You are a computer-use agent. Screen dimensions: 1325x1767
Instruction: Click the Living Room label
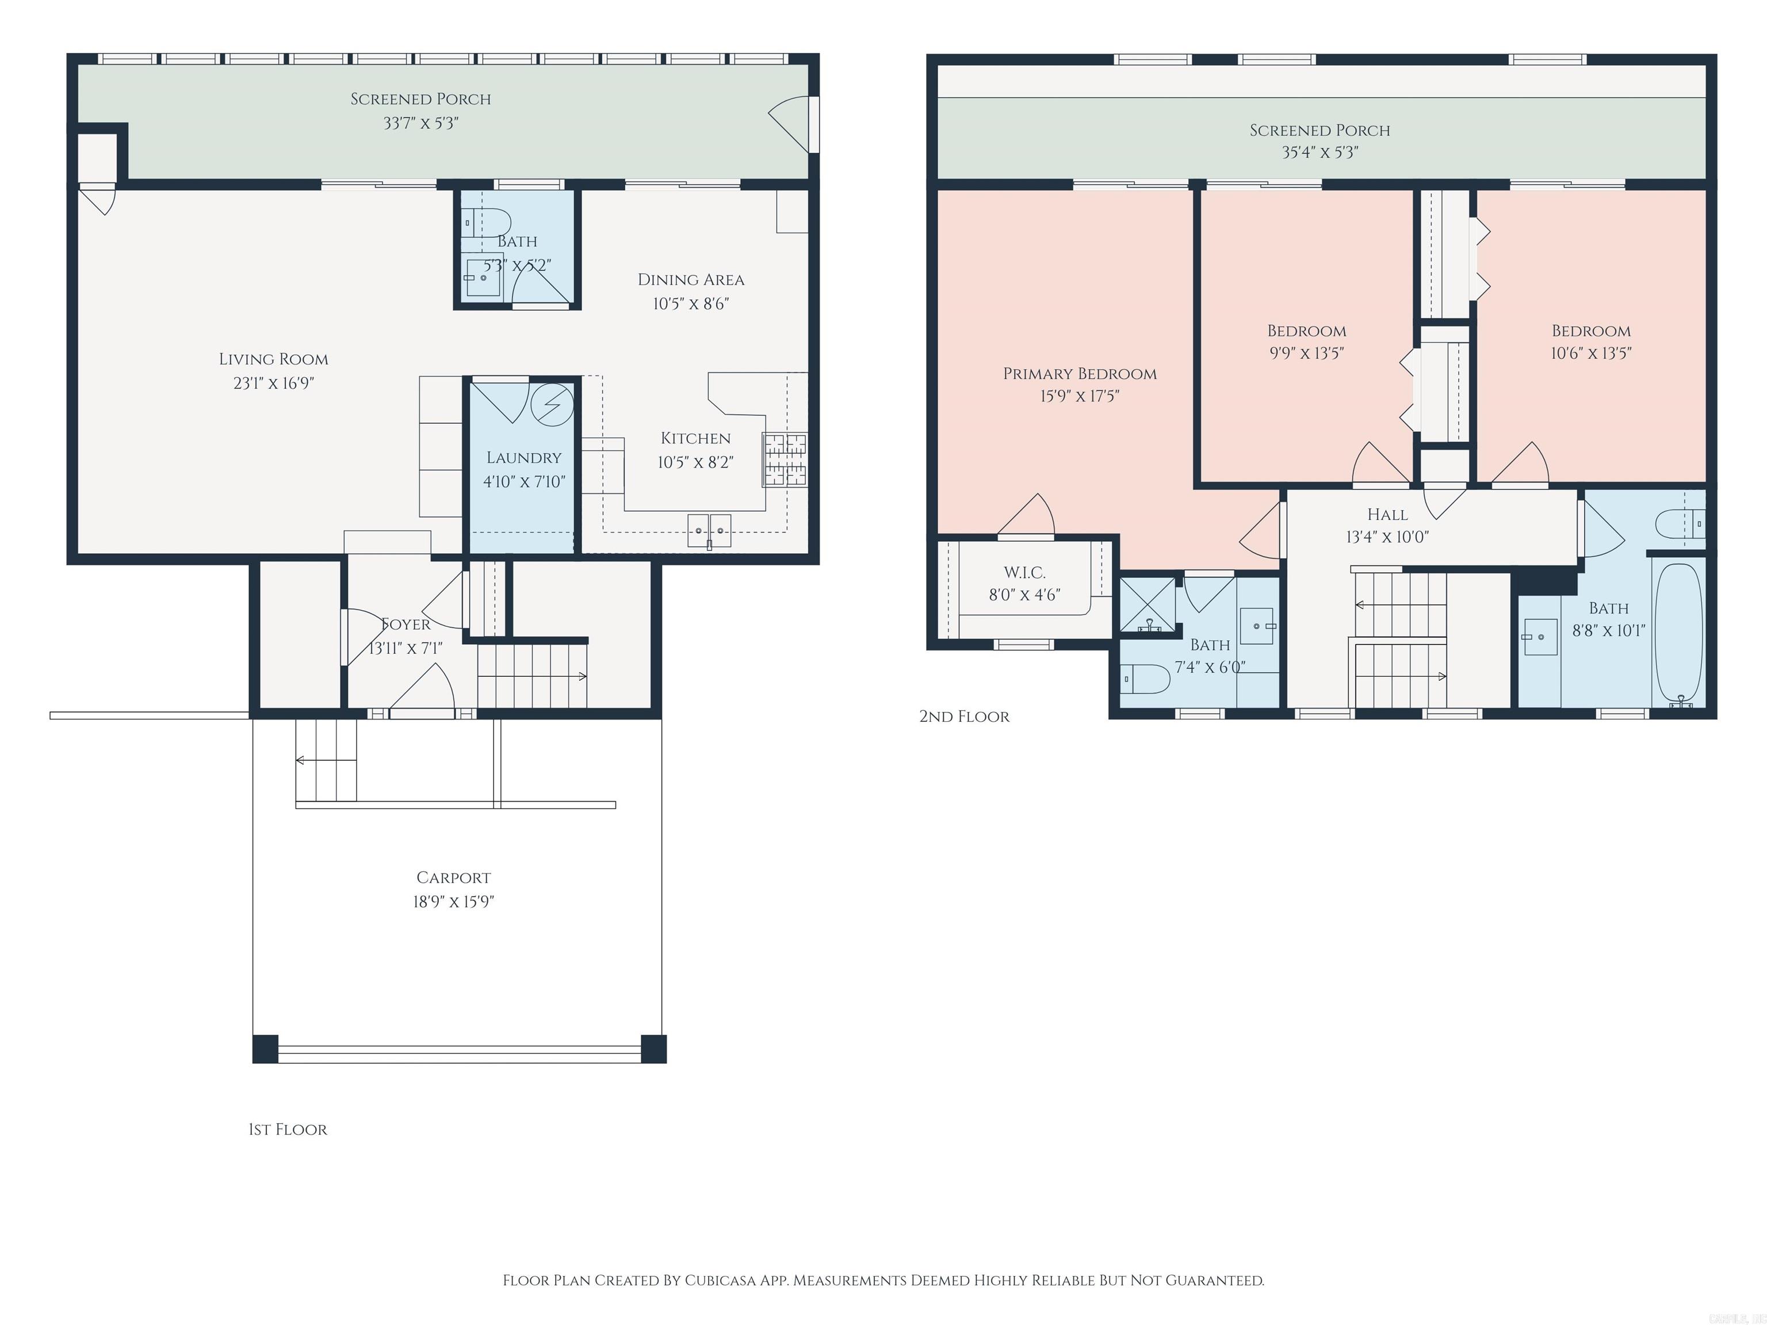point(273,359)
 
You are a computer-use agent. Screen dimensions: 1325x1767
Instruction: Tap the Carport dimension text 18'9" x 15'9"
point(453,902)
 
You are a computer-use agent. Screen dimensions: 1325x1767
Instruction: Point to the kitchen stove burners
point(785,459)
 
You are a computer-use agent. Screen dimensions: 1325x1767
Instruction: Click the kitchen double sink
point(709,530)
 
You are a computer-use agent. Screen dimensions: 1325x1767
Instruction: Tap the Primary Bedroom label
point(1079,374)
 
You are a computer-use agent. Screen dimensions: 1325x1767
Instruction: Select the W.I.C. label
point(1024,573)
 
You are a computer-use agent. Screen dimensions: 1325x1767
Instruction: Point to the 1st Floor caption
point(288,1129)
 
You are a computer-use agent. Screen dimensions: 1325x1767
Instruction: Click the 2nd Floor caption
point(964,717)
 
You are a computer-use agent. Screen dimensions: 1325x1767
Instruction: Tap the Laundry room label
point(523,458)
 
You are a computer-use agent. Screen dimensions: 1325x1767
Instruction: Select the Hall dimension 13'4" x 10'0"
point(1387,537)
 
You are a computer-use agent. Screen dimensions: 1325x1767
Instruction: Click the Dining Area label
point(690,279)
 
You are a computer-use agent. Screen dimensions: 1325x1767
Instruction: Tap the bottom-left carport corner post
point(265,1048)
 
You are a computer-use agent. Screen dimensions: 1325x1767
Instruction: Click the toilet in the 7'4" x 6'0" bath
point(1146,678)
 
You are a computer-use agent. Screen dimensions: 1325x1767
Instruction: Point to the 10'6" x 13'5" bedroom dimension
point(1590,353)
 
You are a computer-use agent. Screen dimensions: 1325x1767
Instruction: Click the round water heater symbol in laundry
point(553,405)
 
